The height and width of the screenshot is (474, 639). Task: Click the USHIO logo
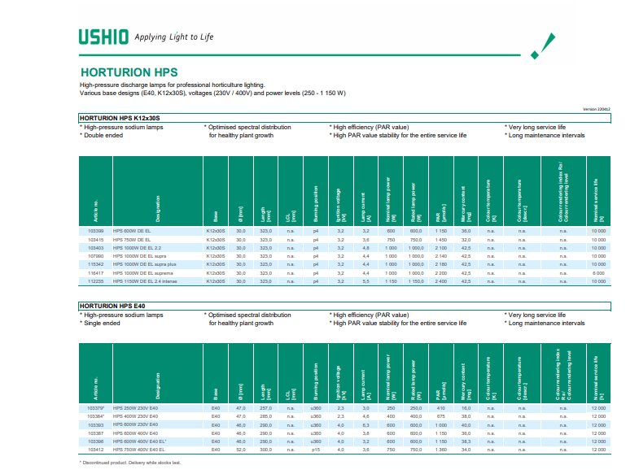[x=103, y=37]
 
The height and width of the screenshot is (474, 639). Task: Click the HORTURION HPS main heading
[x=129, y=72]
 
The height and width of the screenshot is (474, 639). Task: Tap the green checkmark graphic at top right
[x=543, y=46]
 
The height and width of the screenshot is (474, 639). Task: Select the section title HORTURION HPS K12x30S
[x=120, y=119]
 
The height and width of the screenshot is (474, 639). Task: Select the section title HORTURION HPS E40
[x=111, y=307]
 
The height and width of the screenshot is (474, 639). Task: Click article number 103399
[x=95, y=233]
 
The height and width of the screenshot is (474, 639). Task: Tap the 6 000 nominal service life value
[x=598, y=273]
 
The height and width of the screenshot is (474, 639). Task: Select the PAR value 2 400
[x=441, y=281]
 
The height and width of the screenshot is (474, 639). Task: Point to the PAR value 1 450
[x=441, y=241]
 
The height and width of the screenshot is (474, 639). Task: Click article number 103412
[x=95, y=449]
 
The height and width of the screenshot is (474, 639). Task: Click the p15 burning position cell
[x=314, y=449]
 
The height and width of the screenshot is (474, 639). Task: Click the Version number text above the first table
[x=597, y=109]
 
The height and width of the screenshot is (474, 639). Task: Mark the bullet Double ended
[x=103, y=135]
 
